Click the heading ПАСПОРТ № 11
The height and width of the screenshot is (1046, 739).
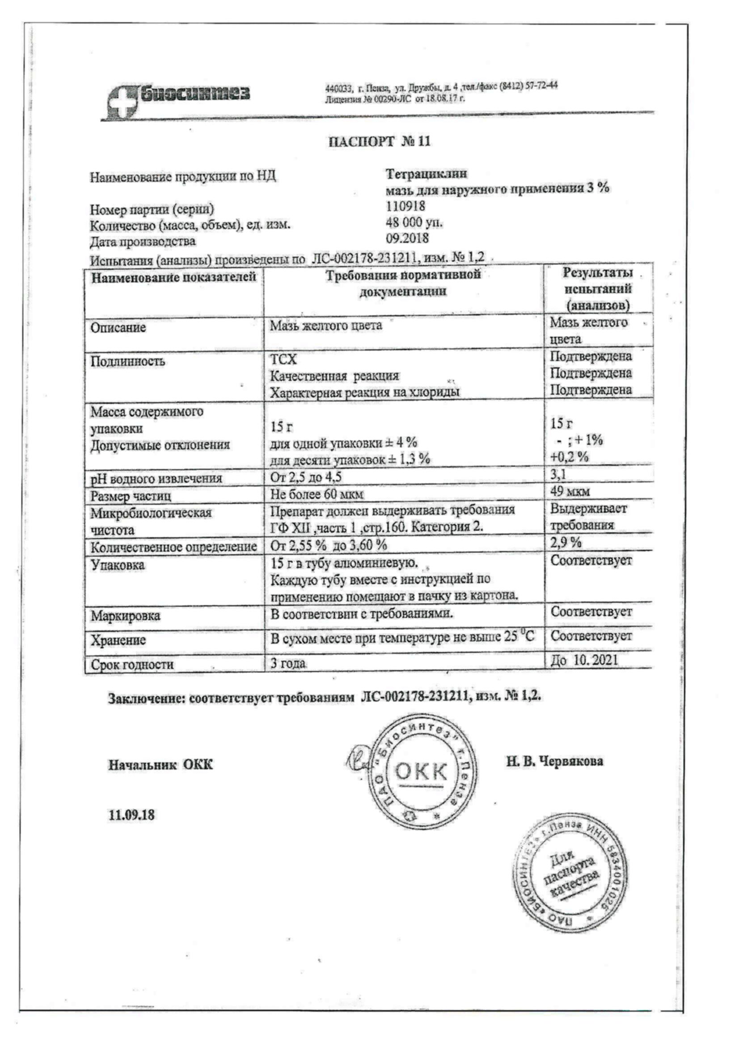[379, 142]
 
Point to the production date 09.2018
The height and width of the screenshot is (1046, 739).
[407, 238]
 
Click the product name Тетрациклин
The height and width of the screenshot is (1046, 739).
[426, 174]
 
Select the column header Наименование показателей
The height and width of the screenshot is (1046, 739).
[173, 277]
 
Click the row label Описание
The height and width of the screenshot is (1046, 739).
[118, 327]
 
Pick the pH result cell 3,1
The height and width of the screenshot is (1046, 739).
[558, 475]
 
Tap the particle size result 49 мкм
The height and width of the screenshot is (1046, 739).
[570, 492]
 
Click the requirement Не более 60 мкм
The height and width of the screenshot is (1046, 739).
[317, 494]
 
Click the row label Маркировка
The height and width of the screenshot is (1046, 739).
[125, 617]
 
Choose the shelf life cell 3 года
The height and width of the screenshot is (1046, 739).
[288, 663]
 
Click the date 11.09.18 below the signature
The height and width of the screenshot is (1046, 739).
[131, 815]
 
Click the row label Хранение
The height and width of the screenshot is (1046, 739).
[118, 641]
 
